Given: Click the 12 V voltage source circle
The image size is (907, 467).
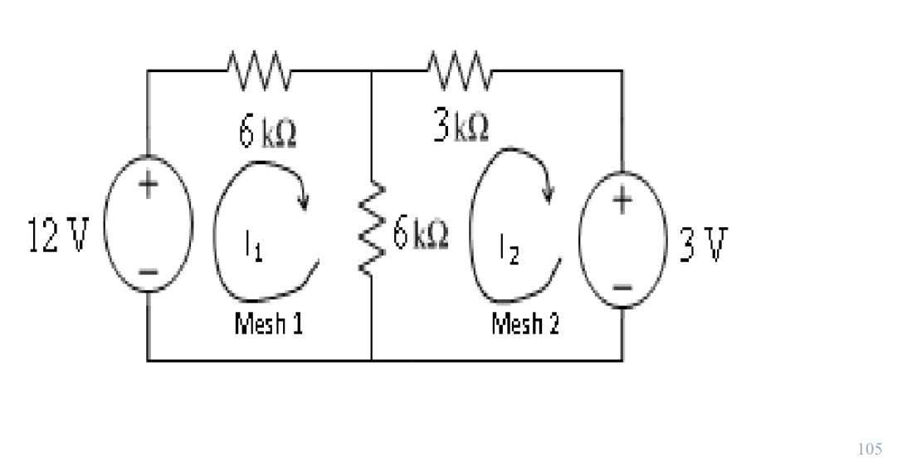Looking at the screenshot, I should pyautogui.click(x=148, y=224).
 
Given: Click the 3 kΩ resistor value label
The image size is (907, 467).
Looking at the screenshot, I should pyautogui.click(x=461, y=128).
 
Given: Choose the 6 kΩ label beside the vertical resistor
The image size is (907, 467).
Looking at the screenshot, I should pyautogui.click(x=421, y=236).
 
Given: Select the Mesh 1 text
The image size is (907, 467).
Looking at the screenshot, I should pyautogui.click(x=268, y=323).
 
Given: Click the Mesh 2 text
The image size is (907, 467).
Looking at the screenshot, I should pyautogui.click(x=525, y=323).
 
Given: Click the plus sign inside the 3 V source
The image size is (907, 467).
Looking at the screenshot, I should pyautogui.click(x=623, y=199).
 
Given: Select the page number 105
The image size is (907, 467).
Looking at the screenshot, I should pyautogui.click(x=870, y=449).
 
